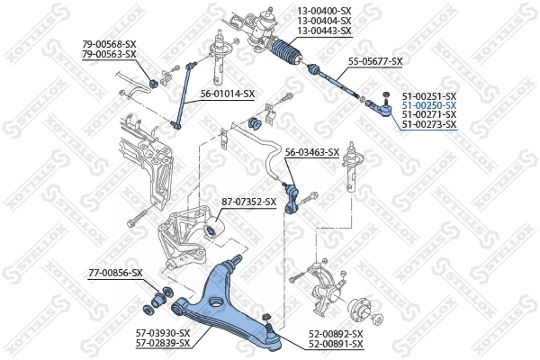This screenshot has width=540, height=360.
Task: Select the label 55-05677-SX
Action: pyautogui.click(x=375, y=61)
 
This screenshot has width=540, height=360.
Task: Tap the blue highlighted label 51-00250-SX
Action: pyautogui.click(x=428, y=105)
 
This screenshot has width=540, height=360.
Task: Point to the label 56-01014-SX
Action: pyautogui.click(x=227, y=94)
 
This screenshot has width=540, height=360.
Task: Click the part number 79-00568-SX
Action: pyautogui.click(x=109, y=44)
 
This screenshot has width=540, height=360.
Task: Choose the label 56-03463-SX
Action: pyautogui.click(x=311, y=153)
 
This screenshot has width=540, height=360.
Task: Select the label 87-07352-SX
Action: pyautogui.click(x=248, y=202)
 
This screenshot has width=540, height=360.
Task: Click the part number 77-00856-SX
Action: pyautogui.click(x=115, y=273)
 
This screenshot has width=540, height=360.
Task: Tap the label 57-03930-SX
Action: pyautogui.click(x=163, y=333)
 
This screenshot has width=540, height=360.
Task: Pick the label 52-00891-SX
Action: pyautogui.click(x=336, y=344)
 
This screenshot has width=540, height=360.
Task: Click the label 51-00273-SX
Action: pyautogui.click(x=428, y=125)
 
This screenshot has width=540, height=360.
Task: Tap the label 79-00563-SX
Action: pyautogui.click(x=109, y=54)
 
